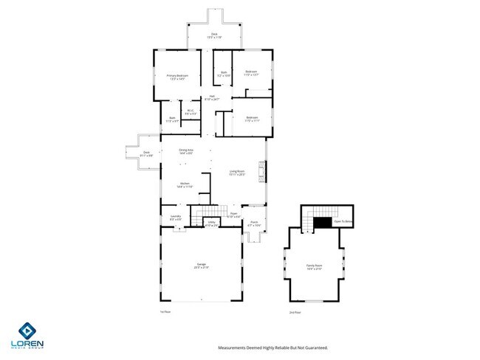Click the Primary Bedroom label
(177, 75)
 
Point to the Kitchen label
(184, 184)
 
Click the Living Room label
(237, 172)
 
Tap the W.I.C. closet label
(190, 111)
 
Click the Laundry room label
(176, 216)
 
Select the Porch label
(253, 221)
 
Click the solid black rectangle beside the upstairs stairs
(323, 222)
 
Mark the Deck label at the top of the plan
(214, 34)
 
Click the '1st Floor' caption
(165, 311)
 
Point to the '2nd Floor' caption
(295, 311)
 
